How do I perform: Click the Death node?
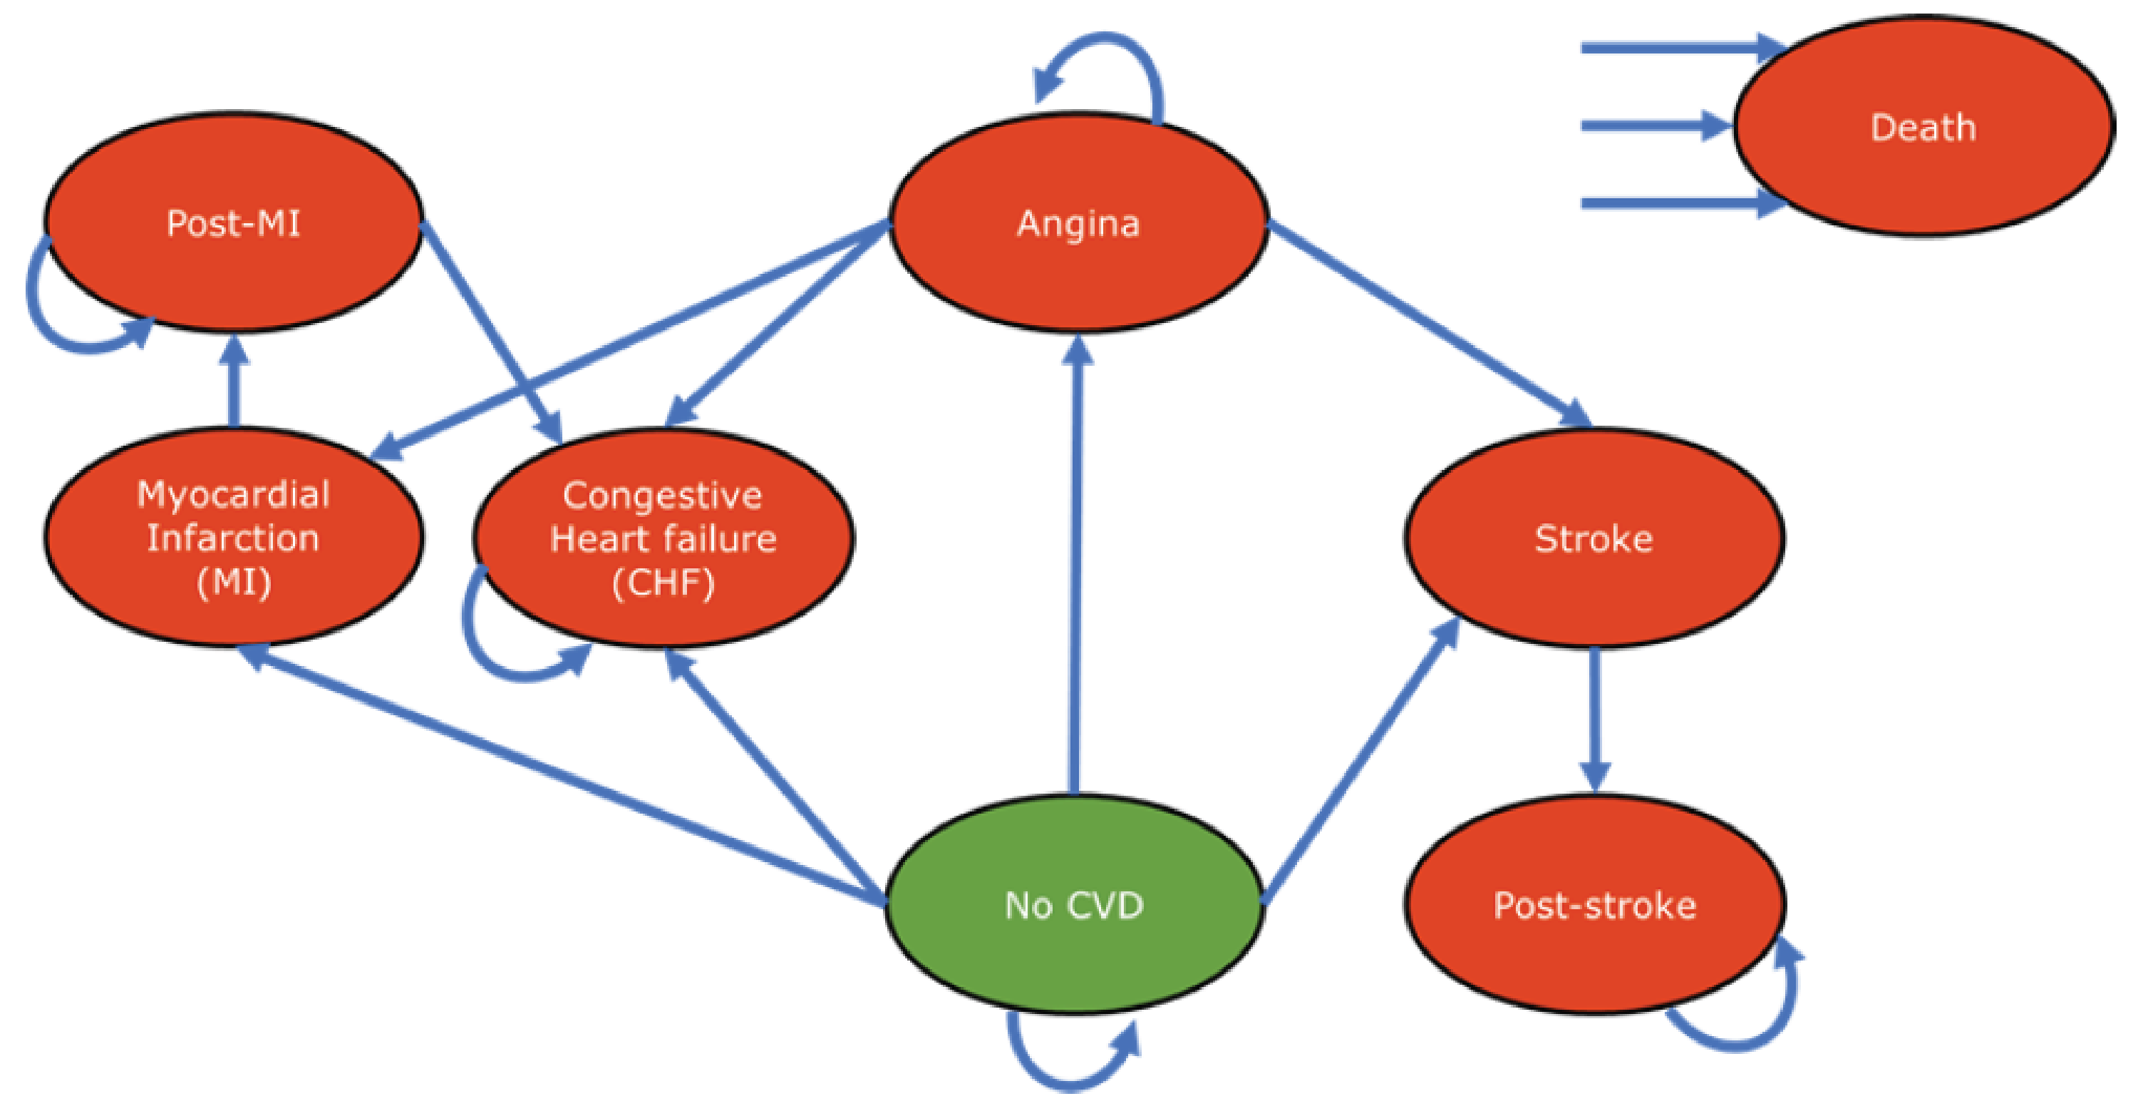[1922, 126]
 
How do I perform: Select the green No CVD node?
[1074, 905]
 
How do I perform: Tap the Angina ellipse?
[1078, 222]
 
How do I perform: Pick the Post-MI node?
[233, 222]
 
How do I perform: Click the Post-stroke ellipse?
[1594, 905]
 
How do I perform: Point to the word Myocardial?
[233, 494]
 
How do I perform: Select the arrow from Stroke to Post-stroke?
[1594, 714]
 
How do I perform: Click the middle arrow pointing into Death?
[1652, 126]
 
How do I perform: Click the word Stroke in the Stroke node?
[1594, 539]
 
